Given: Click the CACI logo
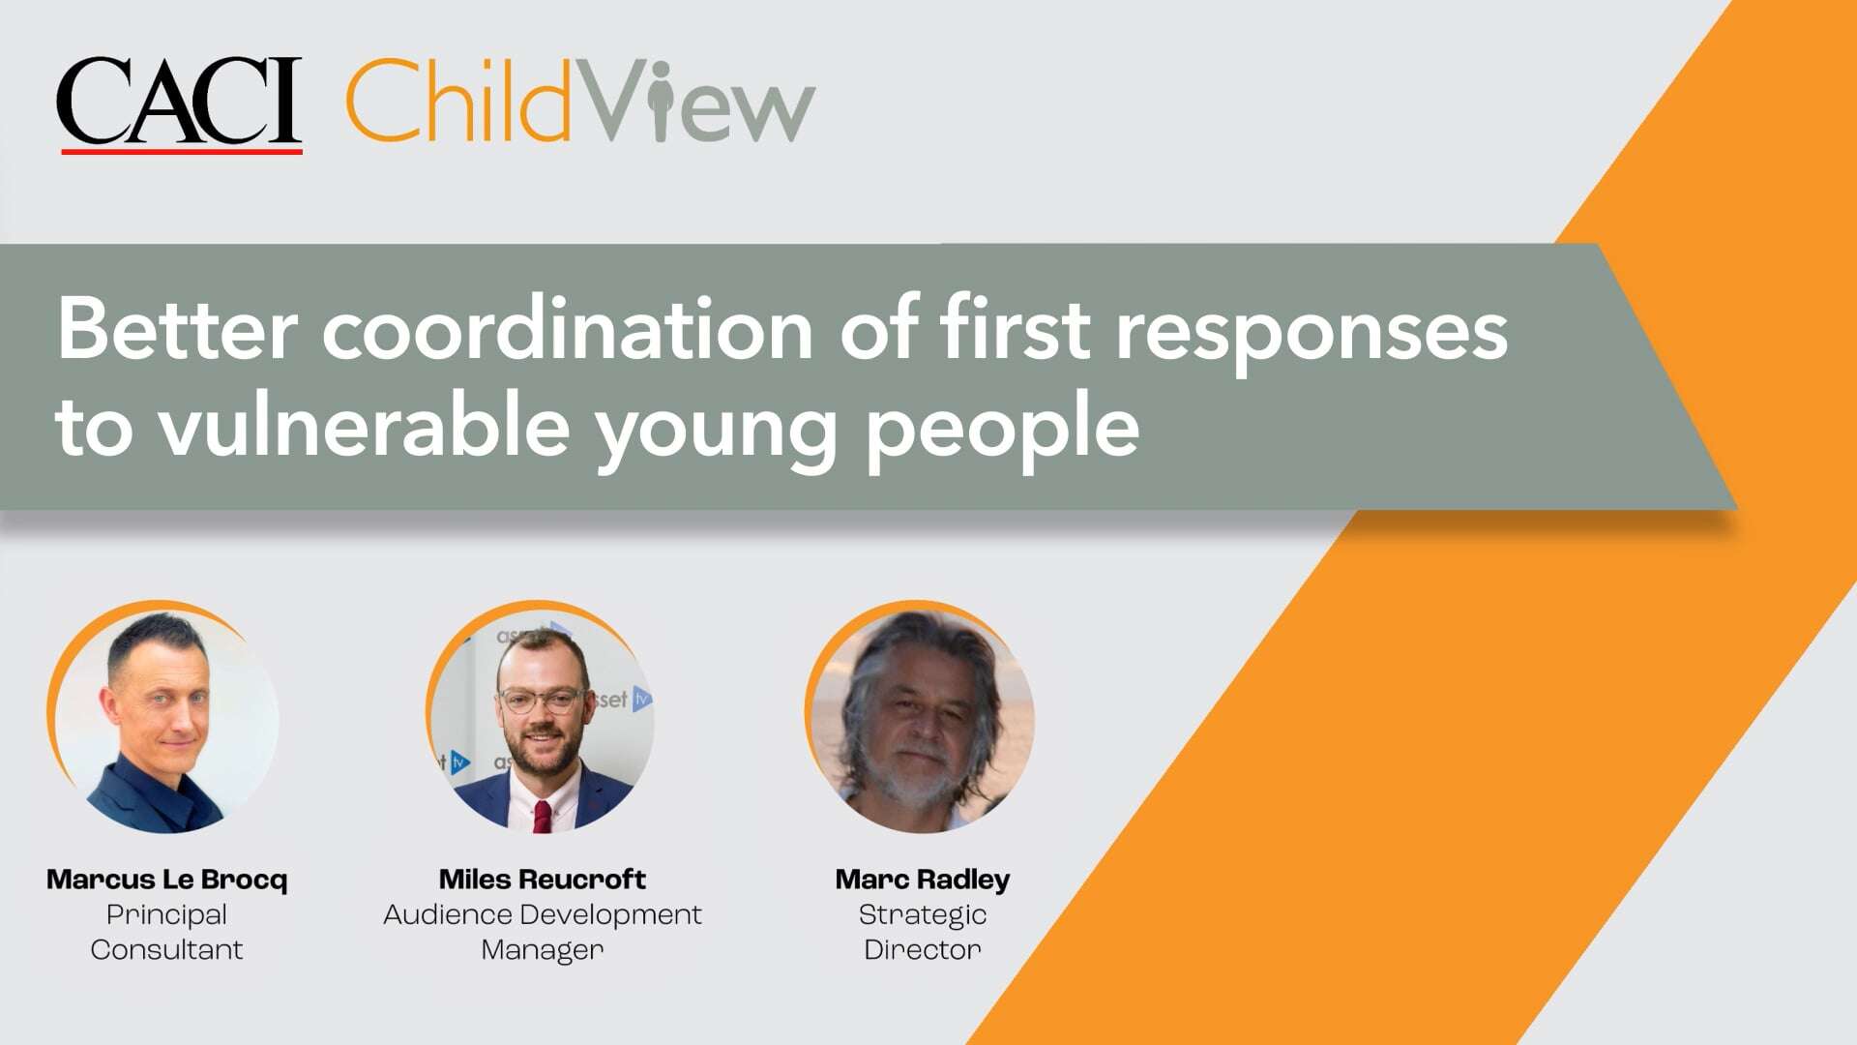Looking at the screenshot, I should pyautogui.click(x=180, y=103).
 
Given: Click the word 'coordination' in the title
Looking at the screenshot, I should pyautogui.click(x=568, y=329).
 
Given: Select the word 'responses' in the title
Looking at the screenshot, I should pyautogui.click(x=1312, y=331).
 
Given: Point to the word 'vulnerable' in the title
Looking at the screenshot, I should pyautogui.click(x=364, y=426).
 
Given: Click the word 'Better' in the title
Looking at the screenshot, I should pyautogui.click(x=177, y=329).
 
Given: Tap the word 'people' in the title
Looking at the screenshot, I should pyautogui.click(x=1002, y=428).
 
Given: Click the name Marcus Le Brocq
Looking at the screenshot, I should pyautogui.click(x=167, y=880).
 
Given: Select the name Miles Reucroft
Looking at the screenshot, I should pyautogui.click(x=542, y=880).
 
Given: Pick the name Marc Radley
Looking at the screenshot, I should pyautogui.click(x=922, y=880).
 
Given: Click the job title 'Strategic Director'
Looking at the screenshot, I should pyautogui.click(x=922, y=932).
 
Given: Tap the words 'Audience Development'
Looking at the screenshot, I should pyautogui.click(x=542, y=914).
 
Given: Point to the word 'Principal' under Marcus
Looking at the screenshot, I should pyautogui.click(x=167, y=914).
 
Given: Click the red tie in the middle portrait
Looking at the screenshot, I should pyautogui.click(x=543, y=816).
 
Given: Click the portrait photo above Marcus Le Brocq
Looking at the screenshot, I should pyautogui.click(x=165, y=718).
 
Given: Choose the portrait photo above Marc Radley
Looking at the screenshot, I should pyautogui.click(x=921, y=718).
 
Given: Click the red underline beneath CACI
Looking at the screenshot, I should pyautogui.click(x=182, y=151).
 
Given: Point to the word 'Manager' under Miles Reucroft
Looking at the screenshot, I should pyautogui.click(x=542, y=950).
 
